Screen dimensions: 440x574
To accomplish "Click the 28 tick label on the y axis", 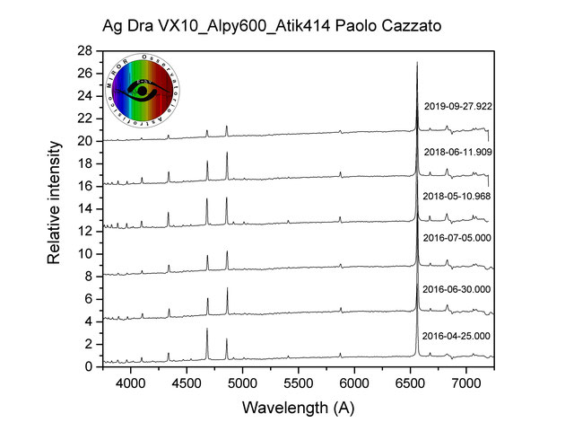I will [x=85, y=50].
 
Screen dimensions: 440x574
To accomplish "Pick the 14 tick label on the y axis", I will [x=85, y=208].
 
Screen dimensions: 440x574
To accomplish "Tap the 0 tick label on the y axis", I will [x=89, y=366].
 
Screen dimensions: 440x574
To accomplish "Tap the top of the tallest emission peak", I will [x=417, y=63].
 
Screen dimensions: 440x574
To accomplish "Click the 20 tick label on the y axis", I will [x=85, y=141].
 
